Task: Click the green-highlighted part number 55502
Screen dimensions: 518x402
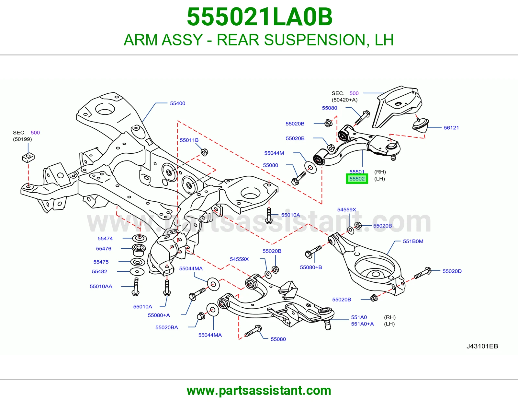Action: tap(357, 179)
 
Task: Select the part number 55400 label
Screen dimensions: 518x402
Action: tap(178, 103)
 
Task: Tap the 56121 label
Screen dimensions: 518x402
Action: tap(451, 128)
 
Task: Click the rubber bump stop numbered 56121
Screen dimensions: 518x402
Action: tap(421, 124)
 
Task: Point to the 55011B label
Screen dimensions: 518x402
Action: tap(189, 140)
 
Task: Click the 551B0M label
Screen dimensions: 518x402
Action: tap(413, 241)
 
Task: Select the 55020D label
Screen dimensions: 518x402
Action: tap(452, 271)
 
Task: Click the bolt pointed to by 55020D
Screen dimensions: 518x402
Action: tap(422, 274)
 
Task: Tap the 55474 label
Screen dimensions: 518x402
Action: tap(105, 239)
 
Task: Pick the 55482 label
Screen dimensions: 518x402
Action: tap(99, 271)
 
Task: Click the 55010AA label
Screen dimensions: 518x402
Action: tap(101, 287)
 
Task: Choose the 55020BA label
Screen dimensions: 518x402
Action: tap(167, 327)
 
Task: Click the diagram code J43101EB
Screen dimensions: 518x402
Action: tap(482, 346)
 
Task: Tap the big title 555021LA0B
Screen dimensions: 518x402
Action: tap(260, 17)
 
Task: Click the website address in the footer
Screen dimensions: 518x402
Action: tap(259, 391)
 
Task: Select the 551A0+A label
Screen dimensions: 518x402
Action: tap(362, 324)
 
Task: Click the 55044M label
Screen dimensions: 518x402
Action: tap(274, 153)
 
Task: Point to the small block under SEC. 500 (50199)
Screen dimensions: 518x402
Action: tap(28, 158)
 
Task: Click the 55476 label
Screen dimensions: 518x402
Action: tap(104, 249)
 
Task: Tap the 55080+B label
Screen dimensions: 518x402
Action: tap(311, 267)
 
